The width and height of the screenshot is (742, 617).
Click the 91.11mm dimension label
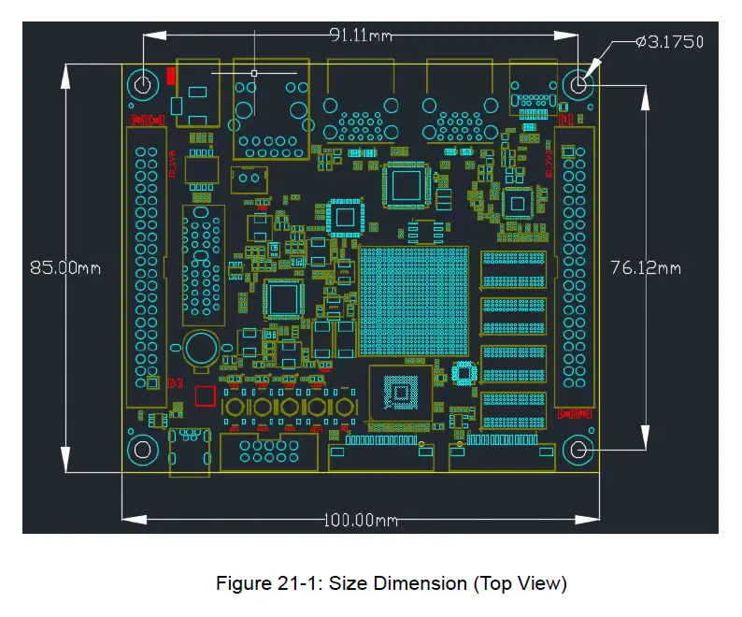(x=360, y=36)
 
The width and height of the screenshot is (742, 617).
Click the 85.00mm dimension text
(x=64, y=267)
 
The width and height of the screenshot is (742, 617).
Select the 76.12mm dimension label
(x=645, y=267)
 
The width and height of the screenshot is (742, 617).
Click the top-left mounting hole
(x=142, y=85)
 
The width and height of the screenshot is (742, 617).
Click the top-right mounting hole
(x=578, y=85)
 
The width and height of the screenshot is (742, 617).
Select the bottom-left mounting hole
(x=142, y=450)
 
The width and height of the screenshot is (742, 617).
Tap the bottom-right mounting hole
(x=578, y=450)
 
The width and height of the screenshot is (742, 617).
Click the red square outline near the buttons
(x=204, y=395)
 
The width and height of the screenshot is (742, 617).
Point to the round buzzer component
(x=199, y=349)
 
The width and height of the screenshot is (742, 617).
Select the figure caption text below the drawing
(x=392, y=584)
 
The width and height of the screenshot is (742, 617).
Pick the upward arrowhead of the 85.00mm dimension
(x=65, y=73)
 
